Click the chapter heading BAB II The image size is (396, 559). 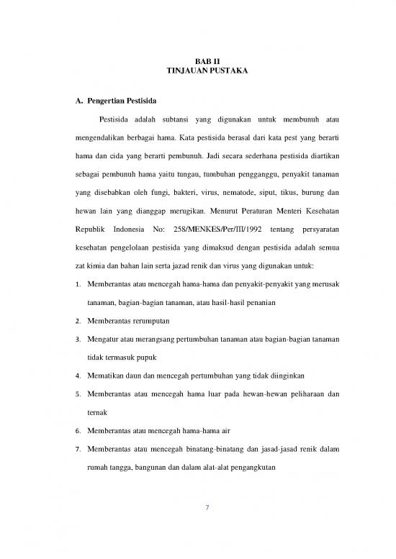coord(197,63)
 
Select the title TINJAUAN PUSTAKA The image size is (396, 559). coord(197,73)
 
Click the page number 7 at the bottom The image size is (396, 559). coord(207,508)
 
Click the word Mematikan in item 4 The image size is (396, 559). coord(105,375)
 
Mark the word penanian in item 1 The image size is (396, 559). coord(242,298)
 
